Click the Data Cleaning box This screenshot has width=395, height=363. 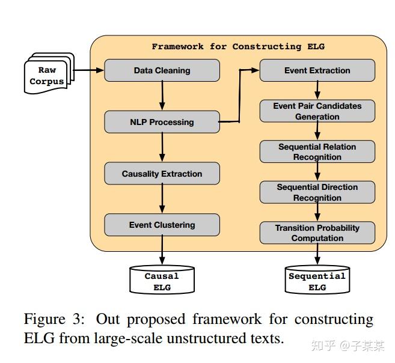pyautogui.click(x=162, y=70)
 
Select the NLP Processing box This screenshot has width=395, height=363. pyautogui.click(x=162, y=122)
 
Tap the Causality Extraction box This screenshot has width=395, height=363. pyautogui.click(x=162, y=174)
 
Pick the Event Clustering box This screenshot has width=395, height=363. pyautogui.click(x=162, y=225)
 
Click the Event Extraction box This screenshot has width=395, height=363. pyautogui.click(x=317, y=70)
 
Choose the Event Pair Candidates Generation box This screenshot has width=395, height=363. pyautogui.click(x=317, y=111)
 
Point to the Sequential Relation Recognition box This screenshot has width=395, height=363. pyautogui.click(x=317, y=151)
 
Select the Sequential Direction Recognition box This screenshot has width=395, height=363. pyautogui.click(x=317, y=192)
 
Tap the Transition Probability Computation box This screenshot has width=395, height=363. pyautogui.click(x=317, y=233)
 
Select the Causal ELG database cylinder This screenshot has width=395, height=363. pyautogui.click(x=162, y=280)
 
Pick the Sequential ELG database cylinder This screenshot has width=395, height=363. pyautogui.click(x=317, y=280)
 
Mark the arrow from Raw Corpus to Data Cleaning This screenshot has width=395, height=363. pyautogui.click(x=88, y=70)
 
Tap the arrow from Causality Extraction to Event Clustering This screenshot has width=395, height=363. pyautogui.click(x=162, y=199)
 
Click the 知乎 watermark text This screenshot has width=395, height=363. pyautogui.click(x=320, y=346)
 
